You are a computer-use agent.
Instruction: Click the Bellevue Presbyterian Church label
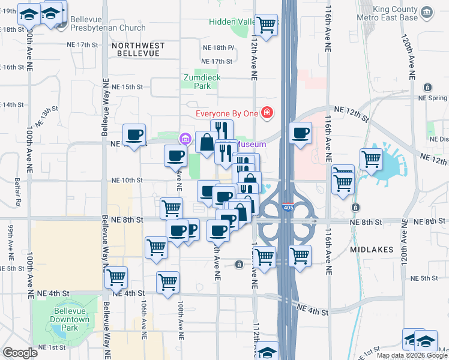point(107,23)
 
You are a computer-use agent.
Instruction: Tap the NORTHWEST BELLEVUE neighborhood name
point(137,49)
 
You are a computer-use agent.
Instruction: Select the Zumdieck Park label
point(197,82)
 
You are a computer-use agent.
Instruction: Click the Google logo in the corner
point(20,353)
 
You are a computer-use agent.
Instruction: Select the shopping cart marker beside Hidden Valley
point(266,25)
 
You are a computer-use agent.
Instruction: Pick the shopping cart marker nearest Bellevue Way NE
point(116,278)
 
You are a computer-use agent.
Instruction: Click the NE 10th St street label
point(127,180)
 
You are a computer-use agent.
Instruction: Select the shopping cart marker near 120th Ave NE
point(371,160)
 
